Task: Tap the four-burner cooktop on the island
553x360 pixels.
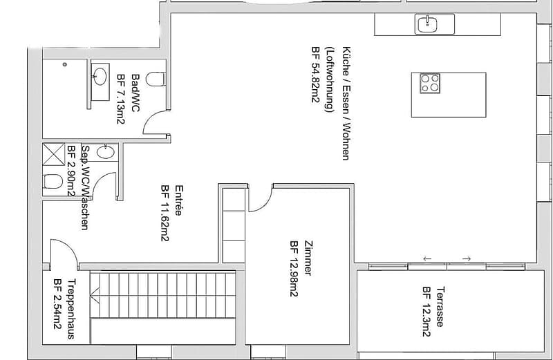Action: pyautogui.click(x=430, y=83)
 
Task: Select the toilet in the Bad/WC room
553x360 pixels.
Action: pyautogui.click(x=156, y=79)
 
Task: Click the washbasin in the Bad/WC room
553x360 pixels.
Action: pyautogui.click(x=100, y=76)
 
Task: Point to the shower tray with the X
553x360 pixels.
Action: pyautogui.click(x=54, y=154)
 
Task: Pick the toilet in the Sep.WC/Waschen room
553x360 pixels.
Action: pyautogui.click(x=53, y=182)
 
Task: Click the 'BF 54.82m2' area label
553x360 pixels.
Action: pyautogui.click(x=315, y=75)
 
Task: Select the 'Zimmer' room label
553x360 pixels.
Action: pyautogui.click(x=308, y=258)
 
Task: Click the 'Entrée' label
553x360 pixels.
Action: pyautogui.click(x=179, y=200)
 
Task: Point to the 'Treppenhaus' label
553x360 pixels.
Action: pyautogui.click(x=71, y=309)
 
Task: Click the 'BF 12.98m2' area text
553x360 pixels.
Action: pyautogui.click(x=294, y=269)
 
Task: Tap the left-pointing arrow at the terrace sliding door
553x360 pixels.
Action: pyautogui.click(x=427, y=259)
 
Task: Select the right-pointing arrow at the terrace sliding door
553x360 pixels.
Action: pyautogui.click(x=467, y=259)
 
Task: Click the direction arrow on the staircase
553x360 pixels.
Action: pyautogui.click(x=95, y=294)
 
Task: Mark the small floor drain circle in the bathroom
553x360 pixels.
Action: pyautogui.click(x=64, y=64)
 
